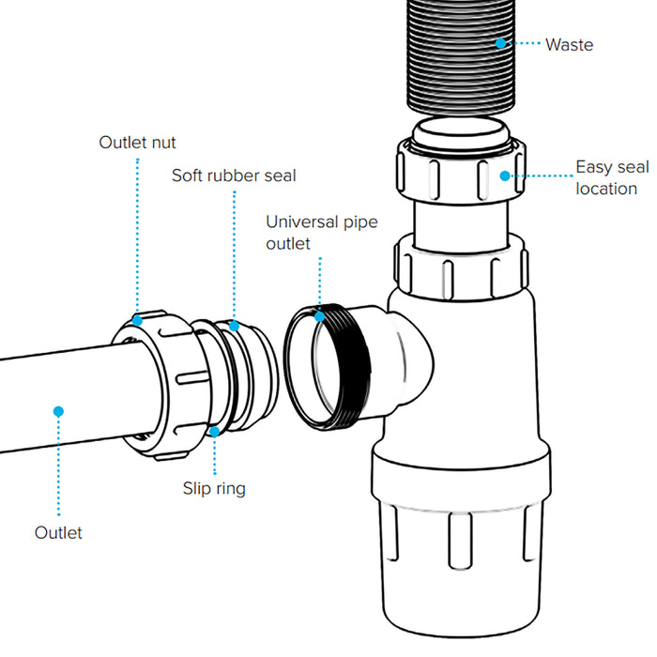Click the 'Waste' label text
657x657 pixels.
569,44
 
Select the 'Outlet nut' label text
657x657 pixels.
137,143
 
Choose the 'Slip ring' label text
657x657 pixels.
214,488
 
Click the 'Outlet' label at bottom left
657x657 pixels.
58,533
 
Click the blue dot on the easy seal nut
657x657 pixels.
504,175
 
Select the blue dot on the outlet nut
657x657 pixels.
137,320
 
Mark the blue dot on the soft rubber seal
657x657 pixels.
235,326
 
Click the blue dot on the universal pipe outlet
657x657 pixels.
319,316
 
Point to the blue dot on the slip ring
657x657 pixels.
215,432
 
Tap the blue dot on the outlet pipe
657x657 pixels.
57,410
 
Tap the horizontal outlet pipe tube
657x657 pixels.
56,385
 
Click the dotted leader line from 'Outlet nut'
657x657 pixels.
137,235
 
